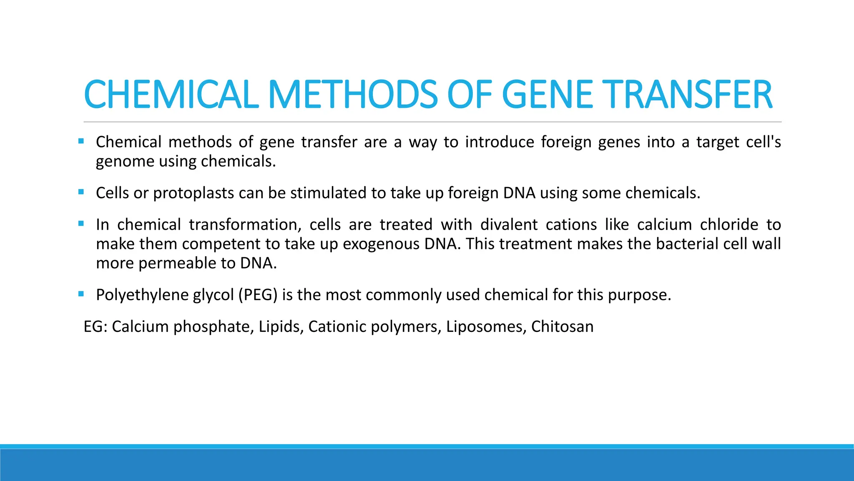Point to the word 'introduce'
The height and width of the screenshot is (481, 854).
(x=500, y=142)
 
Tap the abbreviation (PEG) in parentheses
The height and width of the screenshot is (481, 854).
(x=258, y=295)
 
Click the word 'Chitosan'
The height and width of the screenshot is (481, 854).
(x=562, y=327)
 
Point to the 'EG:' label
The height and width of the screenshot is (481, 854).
(x=95, y=327)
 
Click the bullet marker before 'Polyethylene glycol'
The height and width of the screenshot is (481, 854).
(x=81, y=294)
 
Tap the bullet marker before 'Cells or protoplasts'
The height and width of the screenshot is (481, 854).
(x=81, y=192)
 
